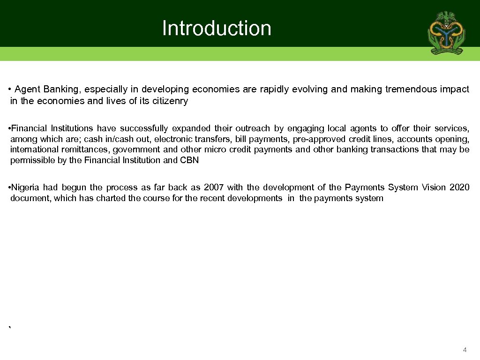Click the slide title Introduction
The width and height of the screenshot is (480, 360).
(x=217, y=28)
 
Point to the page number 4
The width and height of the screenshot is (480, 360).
(x=465, y=350)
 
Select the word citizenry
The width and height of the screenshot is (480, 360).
(x=170, y=101)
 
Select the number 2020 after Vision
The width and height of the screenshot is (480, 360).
(x=459, y=187)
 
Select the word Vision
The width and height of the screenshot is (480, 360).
(x=434, y=187)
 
